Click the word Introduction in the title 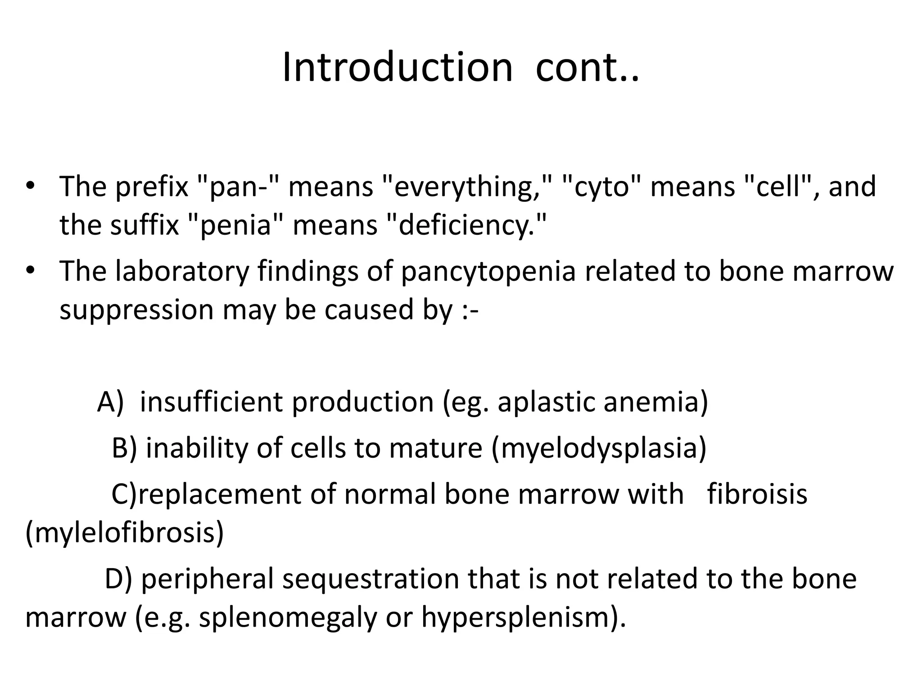point(397,68)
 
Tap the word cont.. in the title point(587,68)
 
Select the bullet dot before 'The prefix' point(30,186)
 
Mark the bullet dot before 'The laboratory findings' point(30,271)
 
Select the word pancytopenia point(488,272)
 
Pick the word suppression point(136,310)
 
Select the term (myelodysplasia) point(599,449)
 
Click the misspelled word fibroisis point(757,494)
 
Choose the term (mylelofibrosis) point(125,533)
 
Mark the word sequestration point(371,579)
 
